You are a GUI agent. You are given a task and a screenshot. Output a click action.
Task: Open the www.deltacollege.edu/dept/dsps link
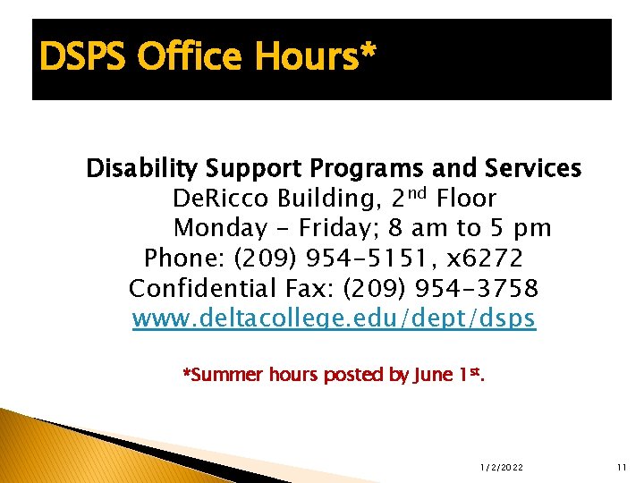click(x=334, y=319)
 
